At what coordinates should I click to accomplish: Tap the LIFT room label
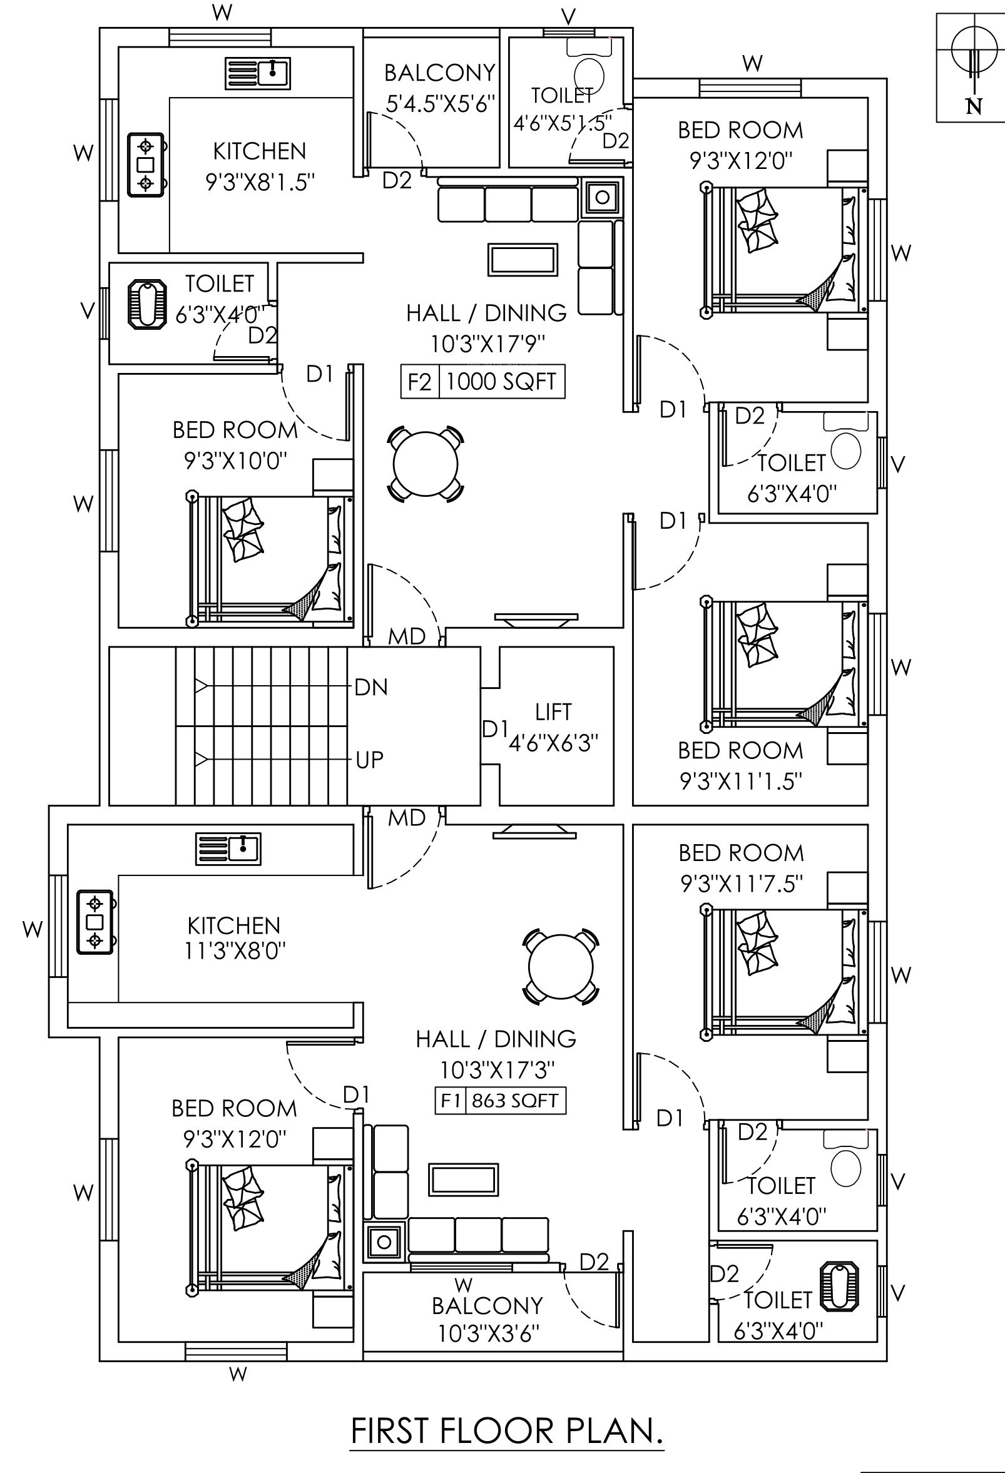tap(553, 711)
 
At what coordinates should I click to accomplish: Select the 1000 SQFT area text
tap(501, 382)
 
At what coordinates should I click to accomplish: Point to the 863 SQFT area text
tap(514, 1100)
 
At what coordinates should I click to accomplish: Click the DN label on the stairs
tap(370, 687)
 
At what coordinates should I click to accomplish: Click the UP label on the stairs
tap(369, 758)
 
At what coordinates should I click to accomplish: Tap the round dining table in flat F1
tap(561, 967)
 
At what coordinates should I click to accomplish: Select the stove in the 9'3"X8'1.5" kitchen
tap(147, 165)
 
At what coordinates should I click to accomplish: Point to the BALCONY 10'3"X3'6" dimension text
tap(488, 1333)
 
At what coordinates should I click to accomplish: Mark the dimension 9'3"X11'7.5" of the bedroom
tap(742, 884)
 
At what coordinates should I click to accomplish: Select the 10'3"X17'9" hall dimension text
tap(487, 344)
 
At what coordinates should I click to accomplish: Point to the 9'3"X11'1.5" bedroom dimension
tap(742, 782)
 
